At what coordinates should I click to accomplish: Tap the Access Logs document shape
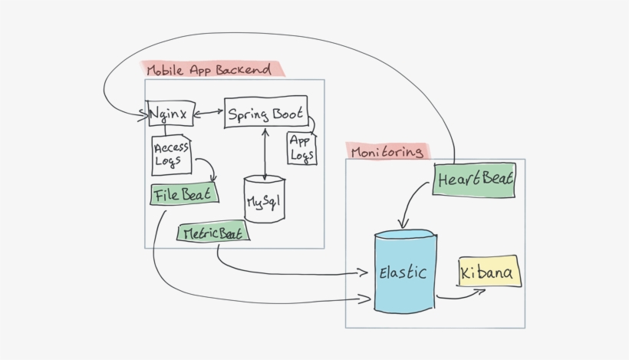[171, 155]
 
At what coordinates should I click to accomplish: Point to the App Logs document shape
[301, 148]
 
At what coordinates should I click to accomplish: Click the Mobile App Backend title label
[209, 70]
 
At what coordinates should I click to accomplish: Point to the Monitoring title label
[387, 151]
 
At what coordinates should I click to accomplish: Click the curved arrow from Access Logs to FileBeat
[206, 167]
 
